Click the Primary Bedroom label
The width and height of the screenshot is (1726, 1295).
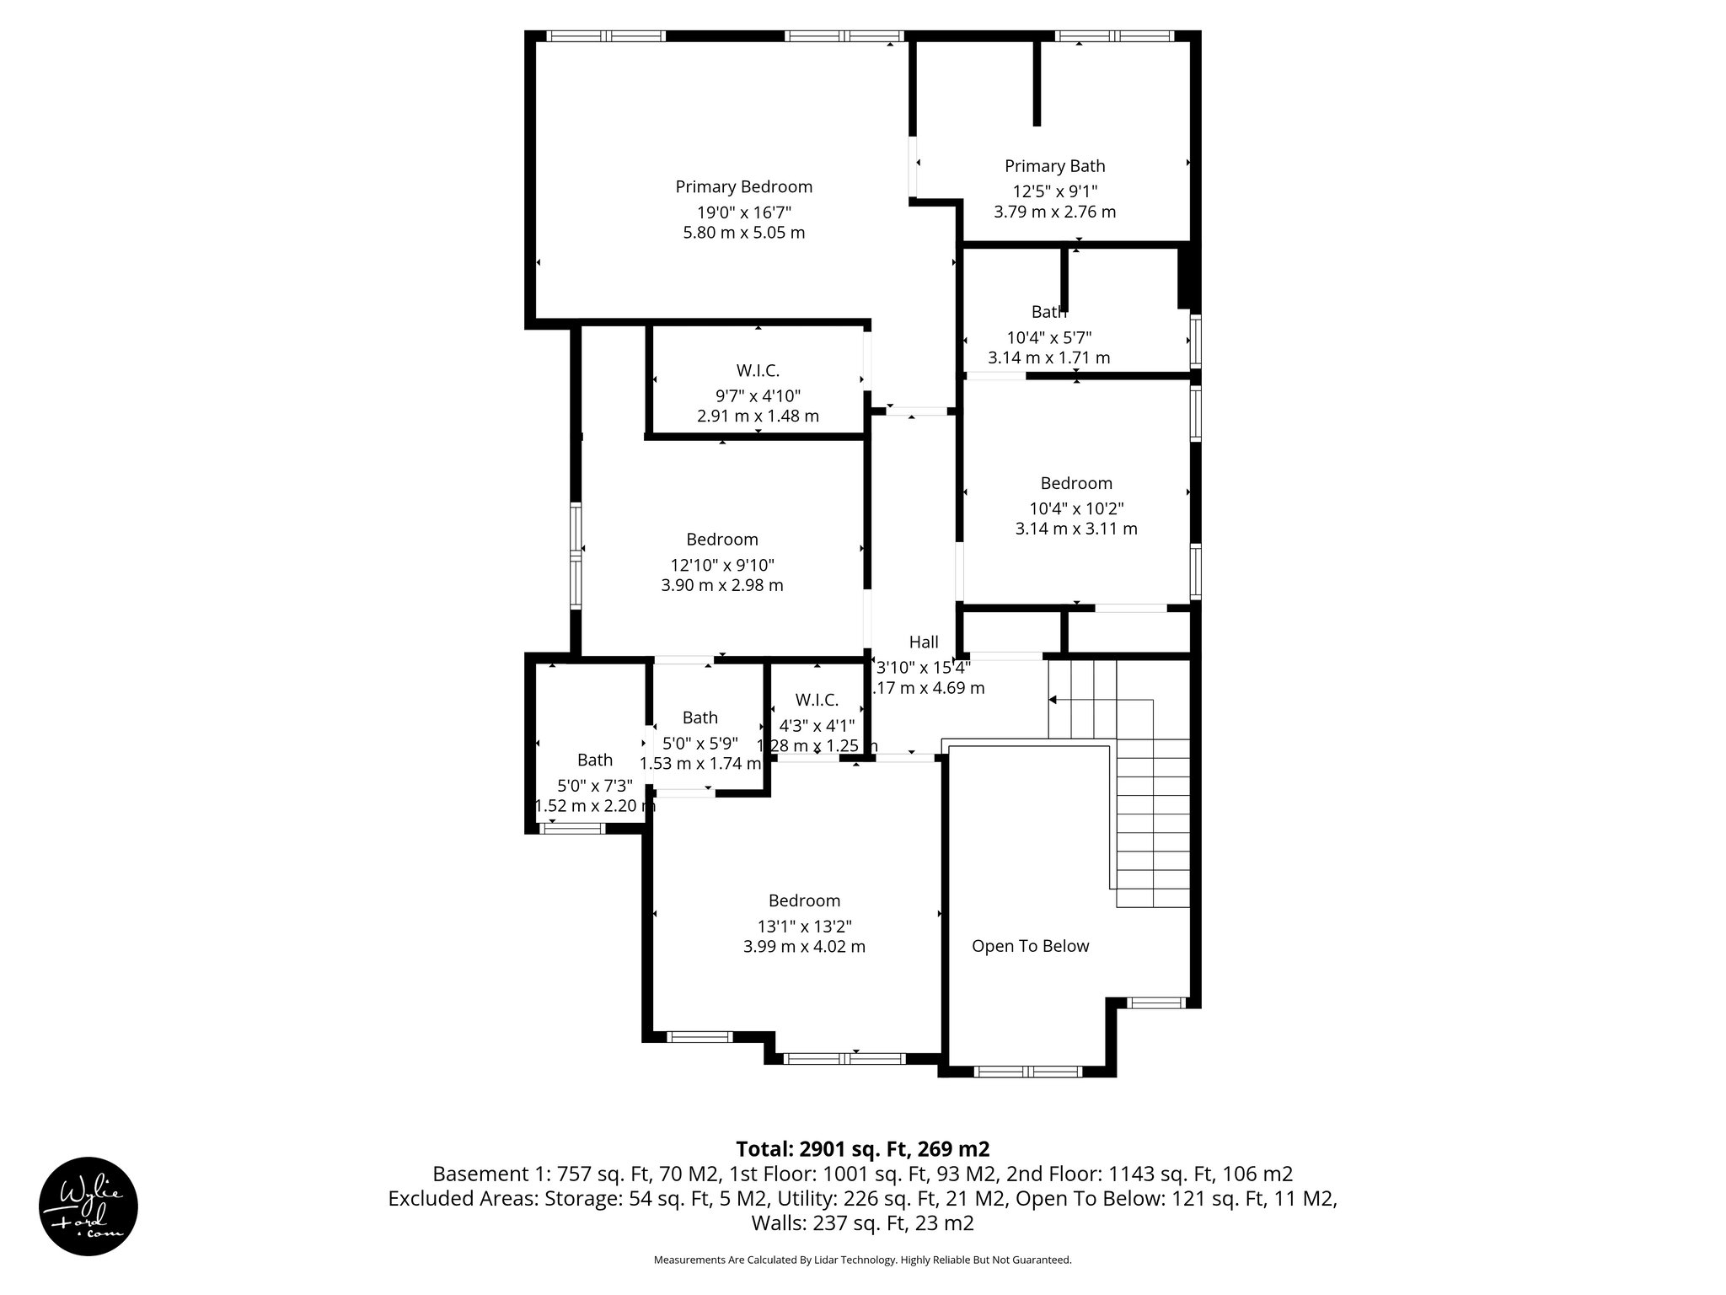coord(743,186)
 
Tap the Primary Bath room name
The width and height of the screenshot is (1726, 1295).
coord(1054,166)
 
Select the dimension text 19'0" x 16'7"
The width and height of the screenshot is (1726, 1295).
coord(743,212)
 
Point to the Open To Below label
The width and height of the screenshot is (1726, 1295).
coord(1030,946)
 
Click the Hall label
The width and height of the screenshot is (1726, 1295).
coord(924,642)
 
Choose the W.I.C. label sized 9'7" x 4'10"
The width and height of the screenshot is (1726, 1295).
coord(758,370)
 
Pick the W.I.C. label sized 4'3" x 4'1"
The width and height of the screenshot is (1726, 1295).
coord(816,700)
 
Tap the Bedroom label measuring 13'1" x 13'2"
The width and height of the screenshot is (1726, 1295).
coord(804,900)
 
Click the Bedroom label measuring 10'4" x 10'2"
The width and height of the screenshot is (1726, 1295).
coord(1076,483)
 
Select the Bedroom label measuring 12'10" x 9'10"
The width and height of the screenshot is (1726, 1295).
coord(721,540)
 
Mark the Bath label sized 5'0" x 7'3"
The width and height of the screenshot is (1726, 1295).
coord(594,760)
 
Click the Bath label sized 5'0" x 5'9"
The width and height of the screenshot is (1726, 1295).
coord(700,717)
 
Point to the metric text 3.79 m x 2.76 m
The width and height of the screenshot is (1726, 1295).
coord(1054,212)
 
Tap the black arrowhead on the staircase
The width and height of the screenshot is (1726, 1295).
coord(1053,699)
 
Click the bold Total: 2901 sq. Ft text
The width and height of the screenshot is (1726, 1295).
coord(861,1149)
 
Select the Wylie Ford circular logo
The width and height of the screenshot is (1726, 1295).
coord(88,1206)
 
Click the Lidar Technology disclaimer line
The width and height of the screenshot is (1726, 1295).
coord(862,1260)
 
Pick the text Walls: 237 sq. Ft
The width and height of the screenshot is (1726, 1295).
coord(862,1222)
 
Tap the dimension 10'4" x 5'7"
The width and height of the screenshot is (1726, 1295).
coord(1048,337)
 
